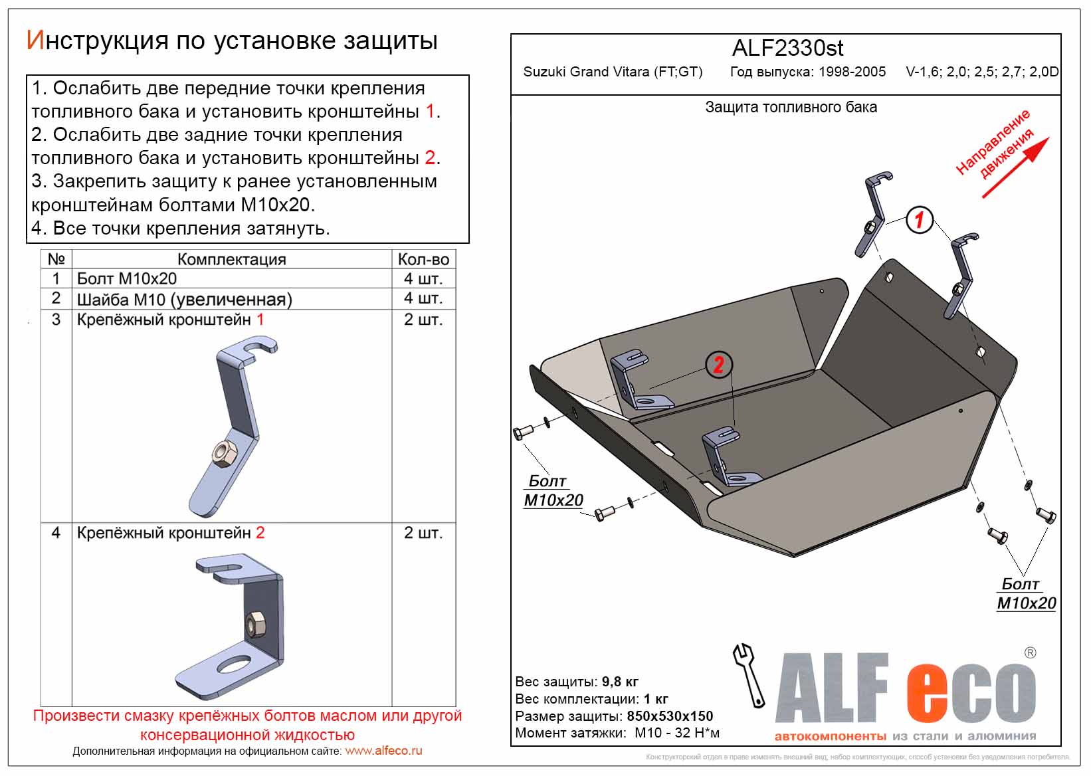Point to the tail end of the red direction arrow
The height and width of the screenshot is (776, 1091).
[x=983, y=197]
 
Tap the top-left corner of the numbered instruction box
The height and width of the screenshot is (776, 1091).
[x=27, y=76]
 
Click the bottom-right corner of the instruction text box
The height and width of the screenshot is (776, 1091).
[x=468, y=242]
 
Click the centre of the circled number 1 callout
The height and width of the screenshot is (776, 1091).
[x=919, y=219]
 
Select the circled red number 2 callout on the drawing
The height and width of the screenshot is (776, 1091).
[x=718, y=364]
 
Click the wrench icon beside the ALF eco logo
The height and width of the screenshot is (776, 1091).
[x=748, y=674]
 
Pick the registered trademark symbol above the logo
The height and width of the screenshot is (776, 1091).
[x=1030, y=652]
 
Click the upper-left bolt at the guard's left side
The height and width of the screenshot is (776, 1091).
[x=523, y=432]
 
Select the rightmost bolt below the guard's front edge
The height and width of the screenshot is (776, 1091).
[x=1046, y=515]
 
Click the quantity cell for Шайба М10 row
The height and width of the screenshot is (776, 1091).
[x=423, y=298]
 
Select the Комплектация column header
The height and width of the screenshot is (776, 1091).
[x=231, y=259]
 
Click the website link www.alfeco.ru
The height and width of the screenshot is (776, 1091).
[x=383, y=751]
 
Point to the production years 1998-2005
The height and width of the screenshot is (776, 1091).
[x=852, y=72]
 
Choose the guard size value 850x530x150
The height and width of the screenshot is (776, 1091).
[x=670, y=716]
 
